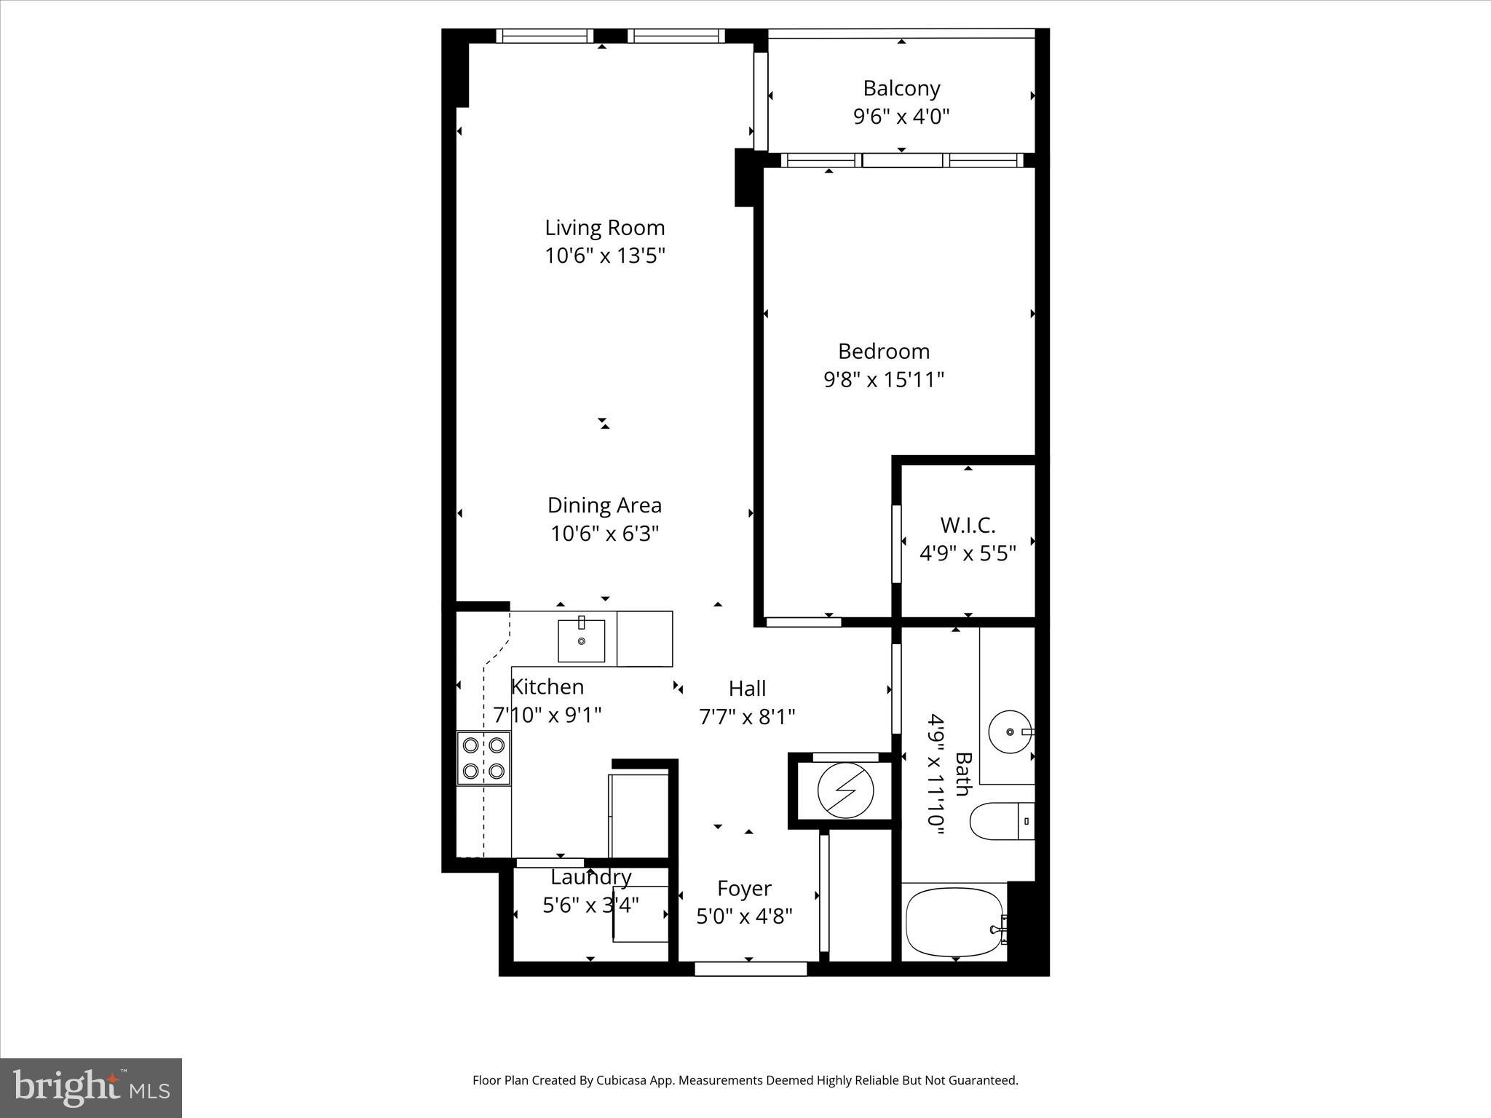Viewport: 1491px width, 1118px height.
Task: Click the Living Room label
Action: click(x=604, y=228)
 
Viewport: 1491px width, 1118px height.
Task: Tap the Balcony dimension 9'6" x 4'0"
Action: click(x=901, y=116)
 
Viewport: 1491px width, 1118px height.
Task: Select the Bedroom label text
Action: click(x=884, y=352)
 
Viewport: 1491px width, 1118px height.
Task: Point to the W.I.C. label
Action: click(x=968, y=525)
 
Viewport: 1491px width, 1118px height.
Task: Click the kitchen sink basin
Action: click(x=581, y=641)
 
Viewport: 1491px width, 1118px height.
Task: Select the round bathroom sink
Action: click(x=1008, y=731)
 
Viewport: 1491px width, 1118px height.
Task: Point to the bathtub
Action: click(x=954, y=922)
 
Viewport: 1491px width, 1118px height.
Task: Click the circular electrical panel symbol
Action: click(x=845, y=790)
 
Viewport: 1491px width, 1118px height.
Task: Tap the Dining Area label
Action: click(x=604, y=505)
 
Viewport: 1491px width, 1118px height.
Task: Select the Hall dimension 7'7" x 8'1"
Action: click(x=747, y=717)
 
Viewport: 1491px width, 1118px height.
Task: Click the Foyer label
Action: click(x=744, y=888)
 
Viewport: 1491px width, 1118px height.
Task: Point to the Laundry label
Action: click(x=590, y=877)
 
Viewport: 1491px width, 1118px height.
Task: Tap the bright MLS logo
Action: click(x=91, y=1087)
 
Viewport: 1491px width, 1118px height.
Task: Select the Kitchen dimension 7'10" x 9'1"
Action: click(x=547, y=715)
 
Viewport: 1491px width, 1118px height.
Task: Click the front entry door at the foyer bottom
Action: click(x=751, y=968)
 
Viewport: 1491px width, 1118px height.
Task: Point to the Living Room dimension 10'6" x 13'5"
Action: click(x=605, y=255)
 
